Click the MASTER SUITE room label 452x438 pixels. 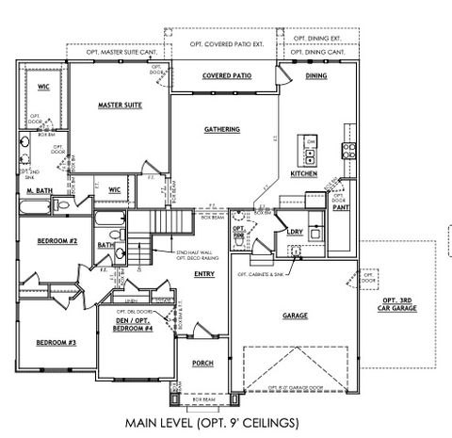(x=120, y=105)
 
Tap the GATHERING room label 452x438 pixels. (x=222, y=130)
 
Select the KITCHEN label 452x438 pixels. (x=303, y=175)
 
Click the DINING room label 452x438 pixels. (x=315, y=76)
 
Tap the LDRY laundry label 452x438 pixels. (x=294, y=231)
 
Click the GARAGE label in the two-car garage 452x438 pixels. (x=295, y=317)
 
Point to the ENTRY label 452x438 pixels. (x=203, y=274)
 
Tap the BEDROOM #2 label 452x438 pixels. (x=56, y=242)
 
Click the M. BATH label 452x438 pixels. (x=40, y=192)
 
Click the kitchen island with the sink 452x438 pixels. (x=309, y=150)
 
